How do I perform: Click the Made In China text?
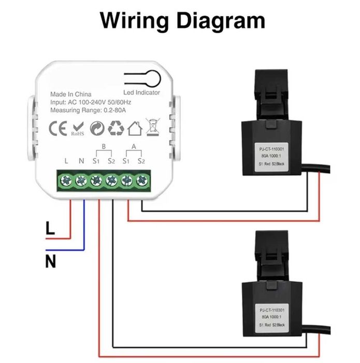pos(70,94)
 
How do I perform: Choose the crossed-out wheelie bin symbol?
pos(152,128)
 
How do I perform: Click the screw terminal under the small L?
pos(66,181)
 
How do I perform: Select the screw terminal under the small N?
pos(81,181)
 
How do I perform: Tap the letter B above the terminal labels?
pos(104,147)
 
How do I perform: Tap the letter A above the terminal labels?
pos(134,147)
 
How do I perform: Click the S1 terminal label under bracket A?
pos(126,161)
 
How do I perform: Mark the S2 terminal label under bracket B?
pos(111,161)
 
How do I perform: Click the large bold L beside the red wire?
pos(50,229)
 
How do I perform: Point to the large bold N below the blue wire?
pos(50,262)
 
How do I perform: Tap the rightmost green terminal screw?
pos(141,181)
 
